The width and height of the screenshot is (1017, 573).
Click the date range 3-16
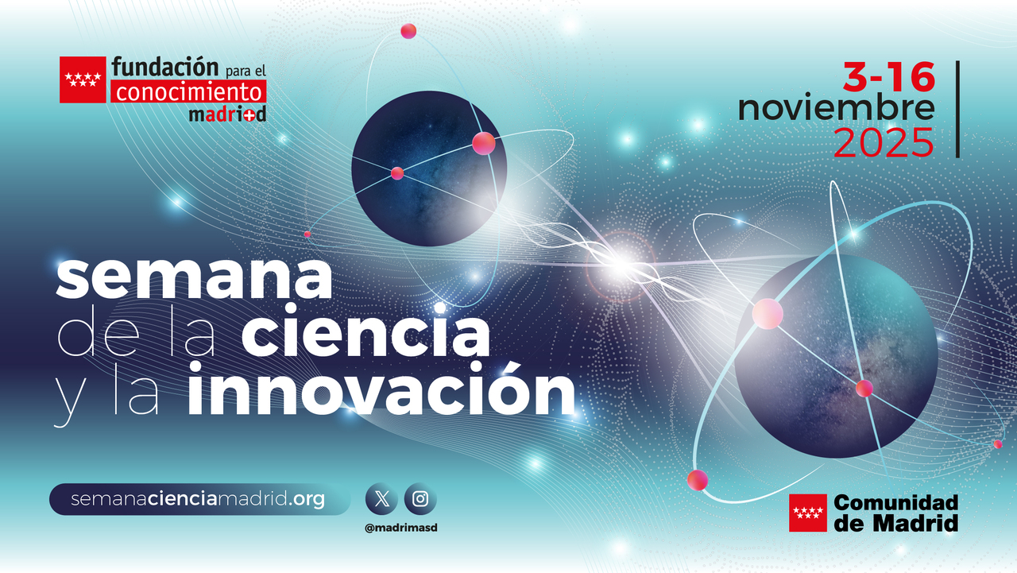tap(889, 79)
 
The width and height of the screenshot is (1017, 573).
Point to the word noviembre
tap(836, 109)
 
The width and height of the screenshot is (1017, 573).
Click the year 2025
tap(884, 143)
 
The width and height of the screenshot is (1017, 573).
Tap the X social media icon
tap(381, 499)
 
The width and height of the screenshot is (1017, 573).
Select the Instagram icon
tap(420, 499)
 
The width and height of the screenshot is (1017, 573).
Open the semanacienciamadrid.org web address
tap(199, 500)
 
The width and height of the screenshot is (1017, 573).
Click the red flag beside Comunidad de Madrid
tap(807, 513)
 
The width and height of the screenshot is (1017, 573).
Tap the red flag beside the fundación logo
tap(83, 79)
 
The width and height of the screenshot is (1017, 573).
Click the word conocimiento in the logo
tap(188, 92)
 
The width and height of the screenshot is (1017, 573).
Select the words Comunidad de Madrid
tap(895, 513)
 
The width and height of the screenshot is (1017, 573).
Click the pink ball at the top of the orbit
tap(408, 31)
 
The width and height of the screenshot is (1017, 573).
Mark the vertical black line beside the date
tap(957, 109)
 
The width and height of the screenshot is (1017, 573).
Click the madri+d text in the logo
tap(227, 114)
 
